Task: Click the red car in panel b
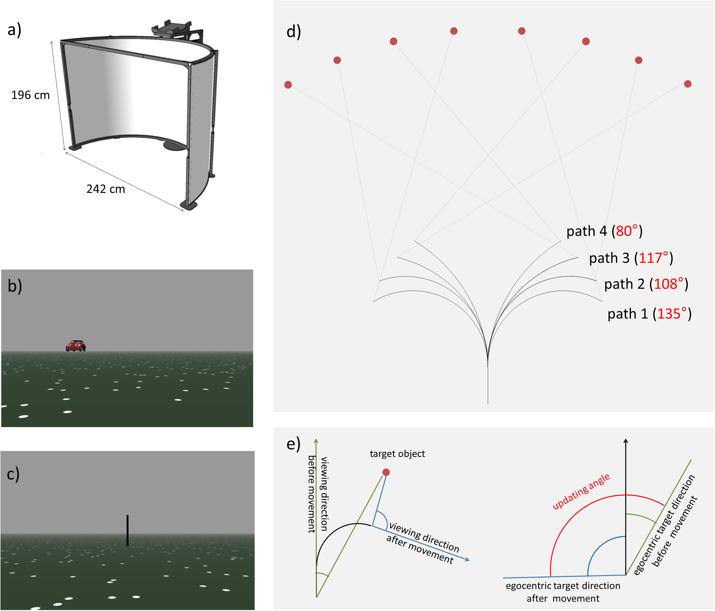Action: (x=76, y=346)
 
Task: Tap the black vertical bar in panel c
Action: (x=127, y=530)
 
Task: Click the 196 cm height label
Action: (x=30, y=95)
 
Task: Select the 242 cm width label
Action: (x=106, y=189)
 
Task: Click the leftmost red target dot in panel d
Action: (x=288, y=85)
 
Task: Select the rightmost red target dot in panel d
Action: (x=688, y=84)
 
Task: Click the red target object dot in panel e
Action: (x=386, y=472)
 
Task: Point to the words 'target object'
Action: (x=397, y=454)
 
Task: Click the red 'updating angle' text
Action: (x=581, y=491)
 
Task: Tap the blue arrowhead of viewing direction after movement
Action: (x=467, y=560)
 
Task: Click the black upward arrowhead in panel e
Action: (x=626, y=441)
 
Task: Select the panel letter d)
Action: (x=294, y=32)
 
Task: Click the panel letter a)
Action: (x=14, y=30)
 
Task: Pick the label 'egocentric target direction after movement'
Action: (x=563, y=592)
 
